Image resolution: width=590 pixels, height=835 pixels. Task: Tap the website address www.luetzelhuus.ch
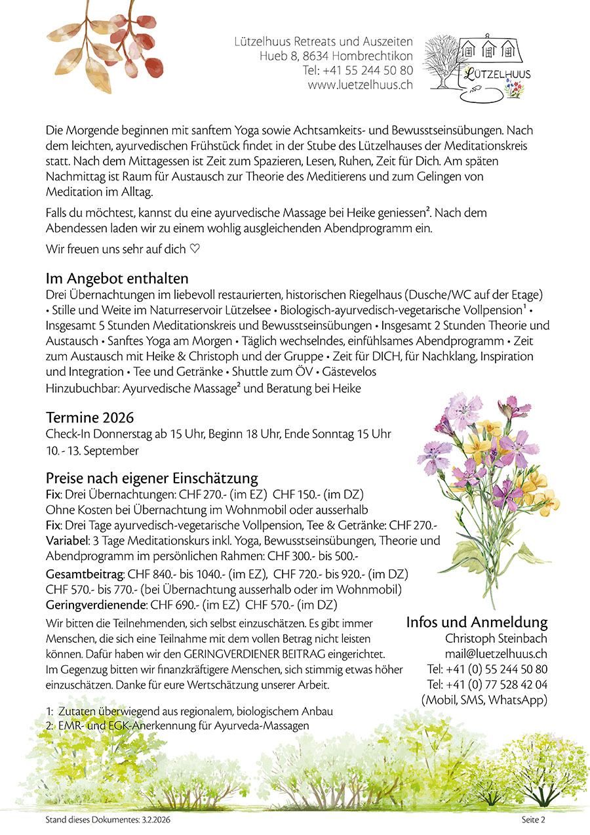[360, 85]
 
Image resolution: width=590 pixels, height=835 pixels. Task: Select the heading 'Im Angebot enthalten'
[117, 278]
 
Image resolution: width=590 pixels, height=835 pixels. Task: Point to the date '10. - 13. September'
[92, 451]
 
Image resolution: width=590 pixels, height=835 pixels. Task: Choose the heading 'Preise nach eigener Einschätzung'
[151, 478]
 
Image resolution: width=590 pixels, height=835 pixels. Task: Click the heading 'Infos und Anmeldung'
[477, 622]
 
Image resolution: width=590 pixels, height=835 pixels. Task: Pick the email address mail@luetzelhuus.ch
[496, 653]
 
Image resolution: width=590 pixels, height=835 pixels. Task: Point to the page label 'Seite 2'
[533, 819]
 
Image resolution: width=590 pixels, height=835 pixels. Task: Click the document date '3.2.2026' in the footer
[157, 819]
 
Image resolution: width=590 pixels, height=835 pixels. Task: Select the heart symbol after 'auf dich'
[194, 249]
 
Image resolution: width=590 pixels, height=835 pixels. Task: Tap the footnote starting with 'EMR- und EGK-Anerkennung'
[183, 725]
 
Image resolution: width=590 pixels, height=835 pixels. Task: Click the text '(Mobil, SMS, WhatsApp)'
[484, 700]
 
